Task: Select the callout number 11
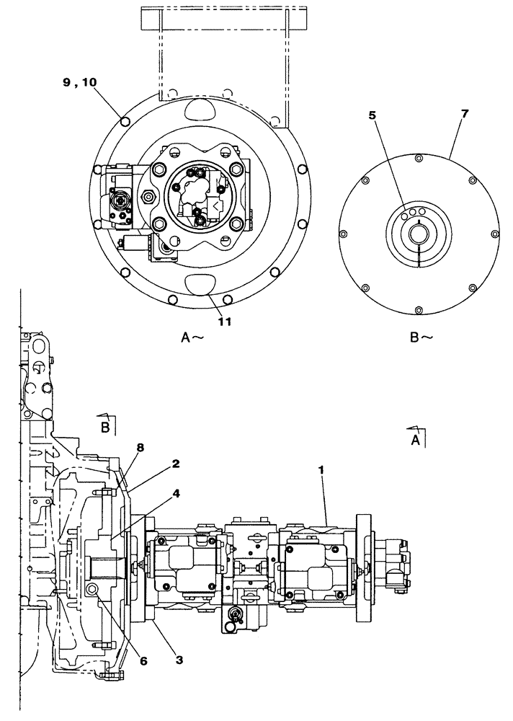coord(224,322)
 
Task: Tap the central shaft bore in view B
coord(419,234)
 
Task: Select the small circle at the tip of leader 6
coord(92,590)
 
